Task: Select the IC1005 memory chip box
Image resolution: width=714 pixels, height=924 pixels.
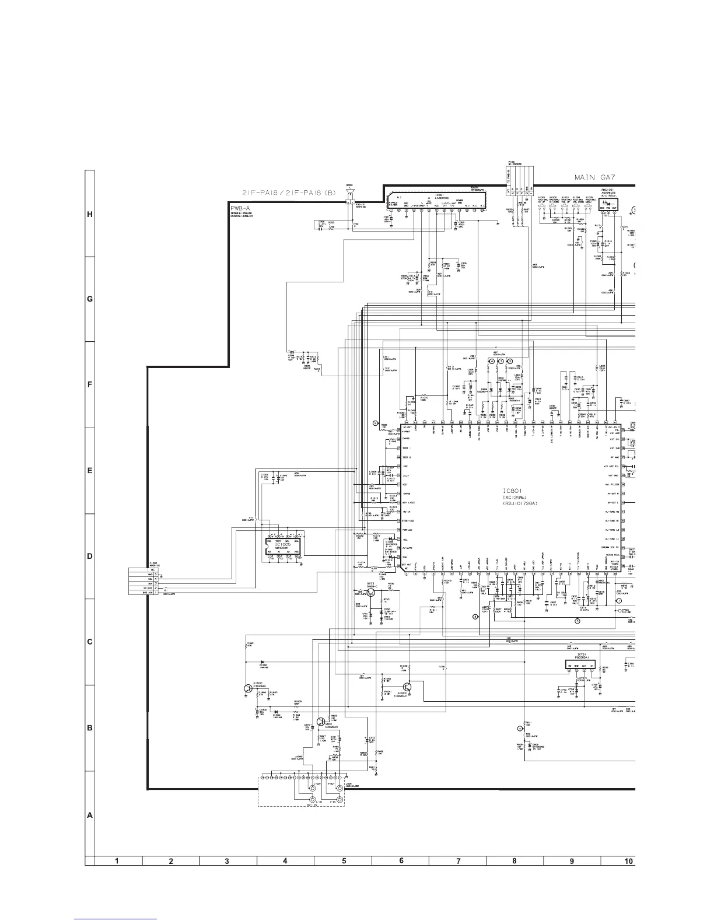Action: (283, 547)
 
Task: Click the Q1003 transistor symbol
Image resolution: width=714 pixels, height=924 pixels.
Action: (407, 689)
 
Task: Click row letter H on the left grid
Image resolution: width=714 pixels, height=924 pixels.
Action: (90, 214)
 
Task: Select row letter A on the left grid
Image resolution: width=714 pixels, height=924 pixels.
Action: (90, 815)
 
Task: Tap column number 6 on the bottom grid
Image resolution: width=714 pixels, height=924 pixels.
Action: (401, 860)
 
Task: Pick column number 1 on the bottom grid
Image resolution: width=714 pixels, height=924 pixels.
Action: (117, 860)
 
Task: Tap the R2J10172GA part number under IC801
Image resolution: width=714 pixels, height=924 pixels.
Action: (515, 503)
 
